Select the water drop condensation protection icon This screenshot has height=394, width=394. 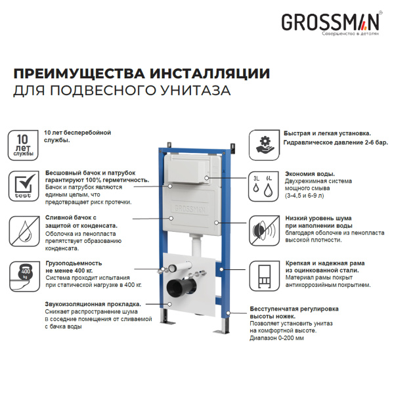pos(23,228)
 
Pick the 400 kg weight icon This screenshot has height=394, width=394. pos(23,273)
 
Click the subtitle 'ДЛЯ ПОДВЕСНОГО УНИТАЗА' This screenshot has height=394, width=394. pos(122,91)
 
